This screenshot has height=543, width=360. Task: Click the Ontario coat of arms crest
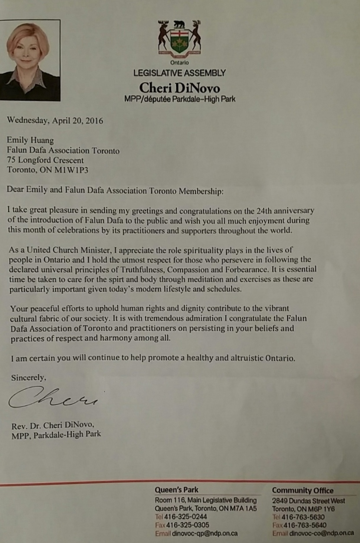click(179, 39)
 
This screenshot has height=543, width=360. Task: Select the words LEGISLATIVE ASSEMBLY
click(179, 73)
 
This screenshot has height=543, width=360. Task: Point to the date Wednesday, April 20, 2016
click(55, 121)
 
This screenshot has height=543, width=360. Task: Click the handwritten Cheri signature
click(52, 397)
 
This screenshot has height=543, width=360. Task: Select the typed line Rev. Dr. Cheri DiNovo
click(53, 424)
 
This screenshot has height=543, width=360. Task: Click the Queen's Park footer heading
click(177, 490)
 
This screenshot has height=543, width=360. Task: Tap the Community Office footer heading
click(303, 491)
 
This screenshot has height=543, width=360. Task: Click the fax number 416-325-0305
click(187, 525)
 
